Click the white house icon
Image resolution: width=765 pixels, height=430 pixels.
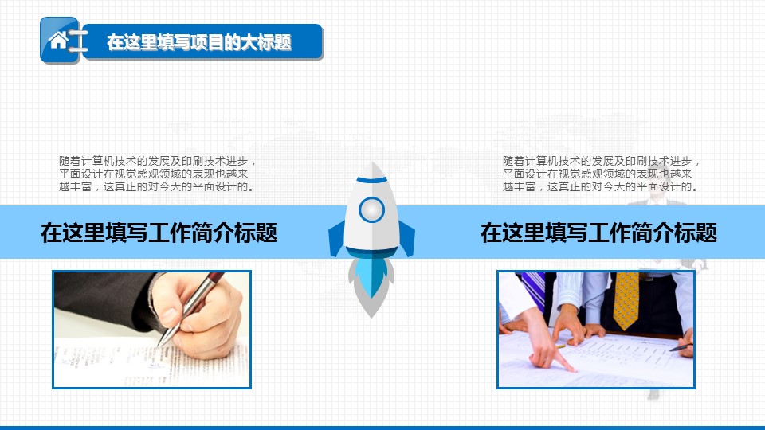[x=58, y=40]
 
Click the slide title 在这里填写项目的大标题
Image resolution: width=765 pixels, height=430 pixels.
[x=199, y=42]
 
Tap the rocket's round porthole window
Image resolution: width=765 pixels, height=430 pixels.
[x=372, y=209]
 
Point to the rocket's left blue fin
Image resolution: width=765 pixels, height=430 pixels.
[x=336, y=238]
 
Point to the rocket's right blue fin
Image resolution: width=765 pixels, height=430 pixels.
[x=407, y=238]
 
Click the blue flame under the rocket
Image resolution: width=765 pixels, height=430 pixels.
[x=372, y=276]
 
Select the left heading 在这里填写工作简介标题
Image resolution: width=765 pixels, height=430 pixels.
[x=159, y=233]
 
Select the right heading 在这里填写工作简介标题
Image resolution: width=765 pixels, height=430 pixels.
[x=598, y=233]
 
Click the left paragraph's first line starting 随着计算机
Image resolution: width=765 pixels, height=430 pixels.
[x=158, y=161]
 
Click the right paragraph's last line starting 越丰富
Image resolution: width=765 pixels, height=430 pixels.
[x=602, y=186]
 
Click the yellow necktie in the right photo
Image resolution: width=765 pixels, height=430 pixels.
[x=626, y=300]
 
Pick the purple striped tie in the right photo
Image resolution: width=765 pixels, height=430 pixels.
[x=533, y=290]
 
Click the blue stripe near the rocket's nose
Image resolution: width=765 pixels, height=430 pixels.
[x=372, y=180]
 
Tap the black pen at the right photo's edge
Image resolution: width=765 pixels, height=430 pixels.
[x=681, y=348]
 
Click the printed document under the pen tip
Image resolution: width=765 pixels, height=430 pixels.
[x=151, y=365]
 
